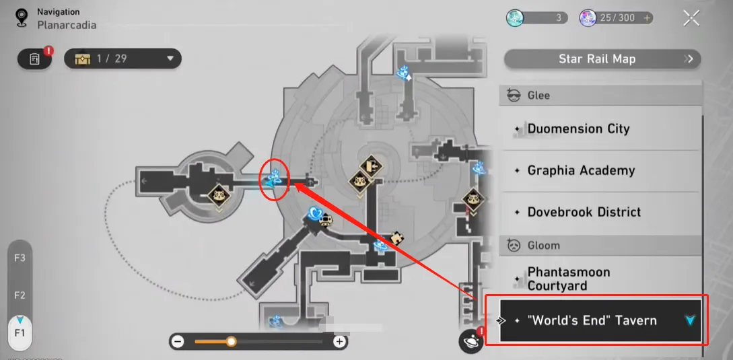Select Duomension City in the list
[x=579, y=129]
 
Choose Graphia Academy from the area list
[x=581, y=170]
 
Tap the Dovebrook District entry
[x=584, y=212]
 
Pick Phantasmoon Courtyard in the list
[x=569, y=279]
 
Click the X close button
[x=691, y=18]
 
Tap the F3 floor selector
[x=20, y=258]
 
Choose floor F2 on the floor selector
[x=20, y=295]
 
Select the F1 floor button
[x=20, y=333]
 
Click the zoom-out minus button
[x=178, y=342]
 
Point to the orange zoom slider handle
[x=231, y=342]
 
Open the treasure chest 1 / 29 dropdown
[x=122, y=59]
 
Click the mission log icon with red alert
[x=35, y=59]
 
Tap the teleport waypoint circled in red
[x=274, y=180]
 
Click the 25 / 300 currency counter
[x=617, y=18]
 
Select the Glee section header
[x=538, y=96]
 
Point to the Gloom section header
[x=543, y=246]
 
